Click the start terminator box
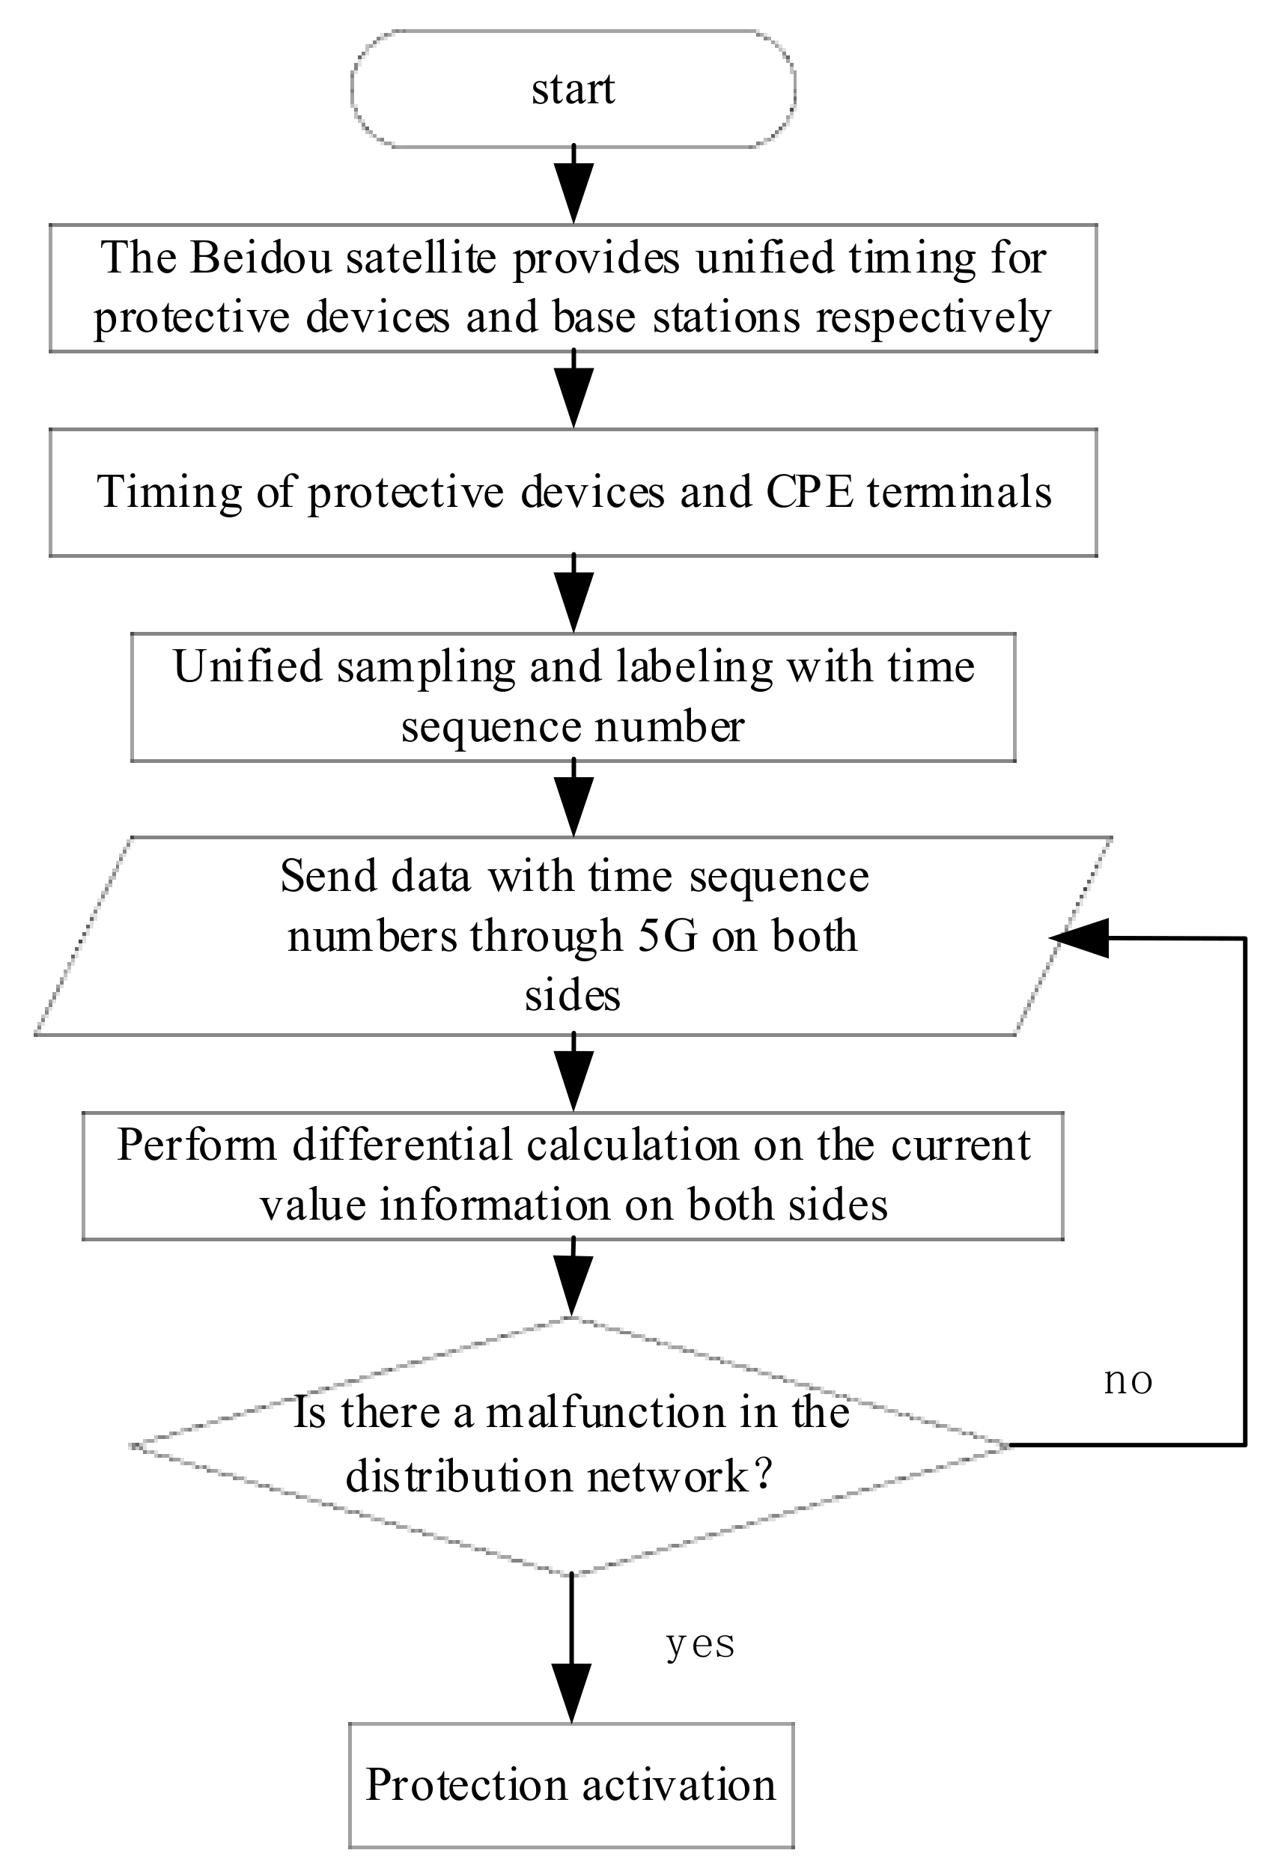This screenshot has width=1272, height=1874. [x=573, y=88]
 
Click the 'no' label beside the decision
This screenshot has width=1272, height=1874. [x=1128, y=1382]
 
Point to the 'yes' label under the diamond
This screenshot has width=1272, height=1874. [x=700, y=1645]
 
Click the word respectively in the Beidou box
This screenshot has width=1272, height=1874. [x=934, y=317]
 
